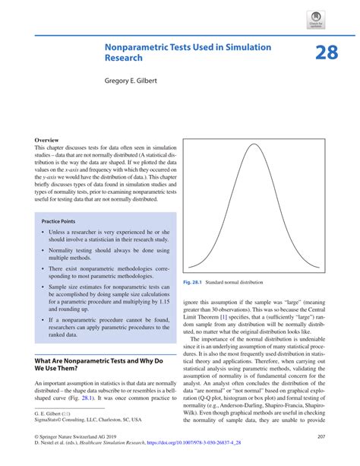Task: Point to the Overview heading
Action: pyautogui.click(x=48, y=141)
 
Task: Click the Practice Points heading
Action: pyautogui.click(x=62, y=220)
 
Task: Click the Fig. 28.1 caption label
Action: pyautogui.click(x=193, y=283)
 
